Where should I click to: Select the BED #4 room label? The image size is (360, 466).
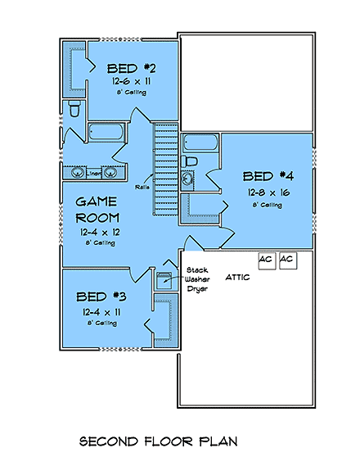click(268, 176)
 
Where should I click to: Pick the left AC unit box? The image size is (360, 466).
click(266, 260)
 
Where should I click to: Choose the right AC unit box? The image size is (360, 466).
click(286, 260)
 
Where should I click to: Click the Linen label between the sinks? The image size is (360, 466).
click(95, 174)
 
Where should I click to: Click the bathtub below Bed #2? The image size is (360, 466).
click(104, 133)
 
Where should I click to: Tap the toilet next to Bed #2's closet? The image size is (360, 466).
click(74, 108)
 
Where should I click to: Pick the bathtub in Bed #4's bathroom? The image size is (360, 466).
click(199, 143)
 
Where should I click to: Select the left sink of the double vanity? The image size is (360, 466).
click(75, 173)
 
